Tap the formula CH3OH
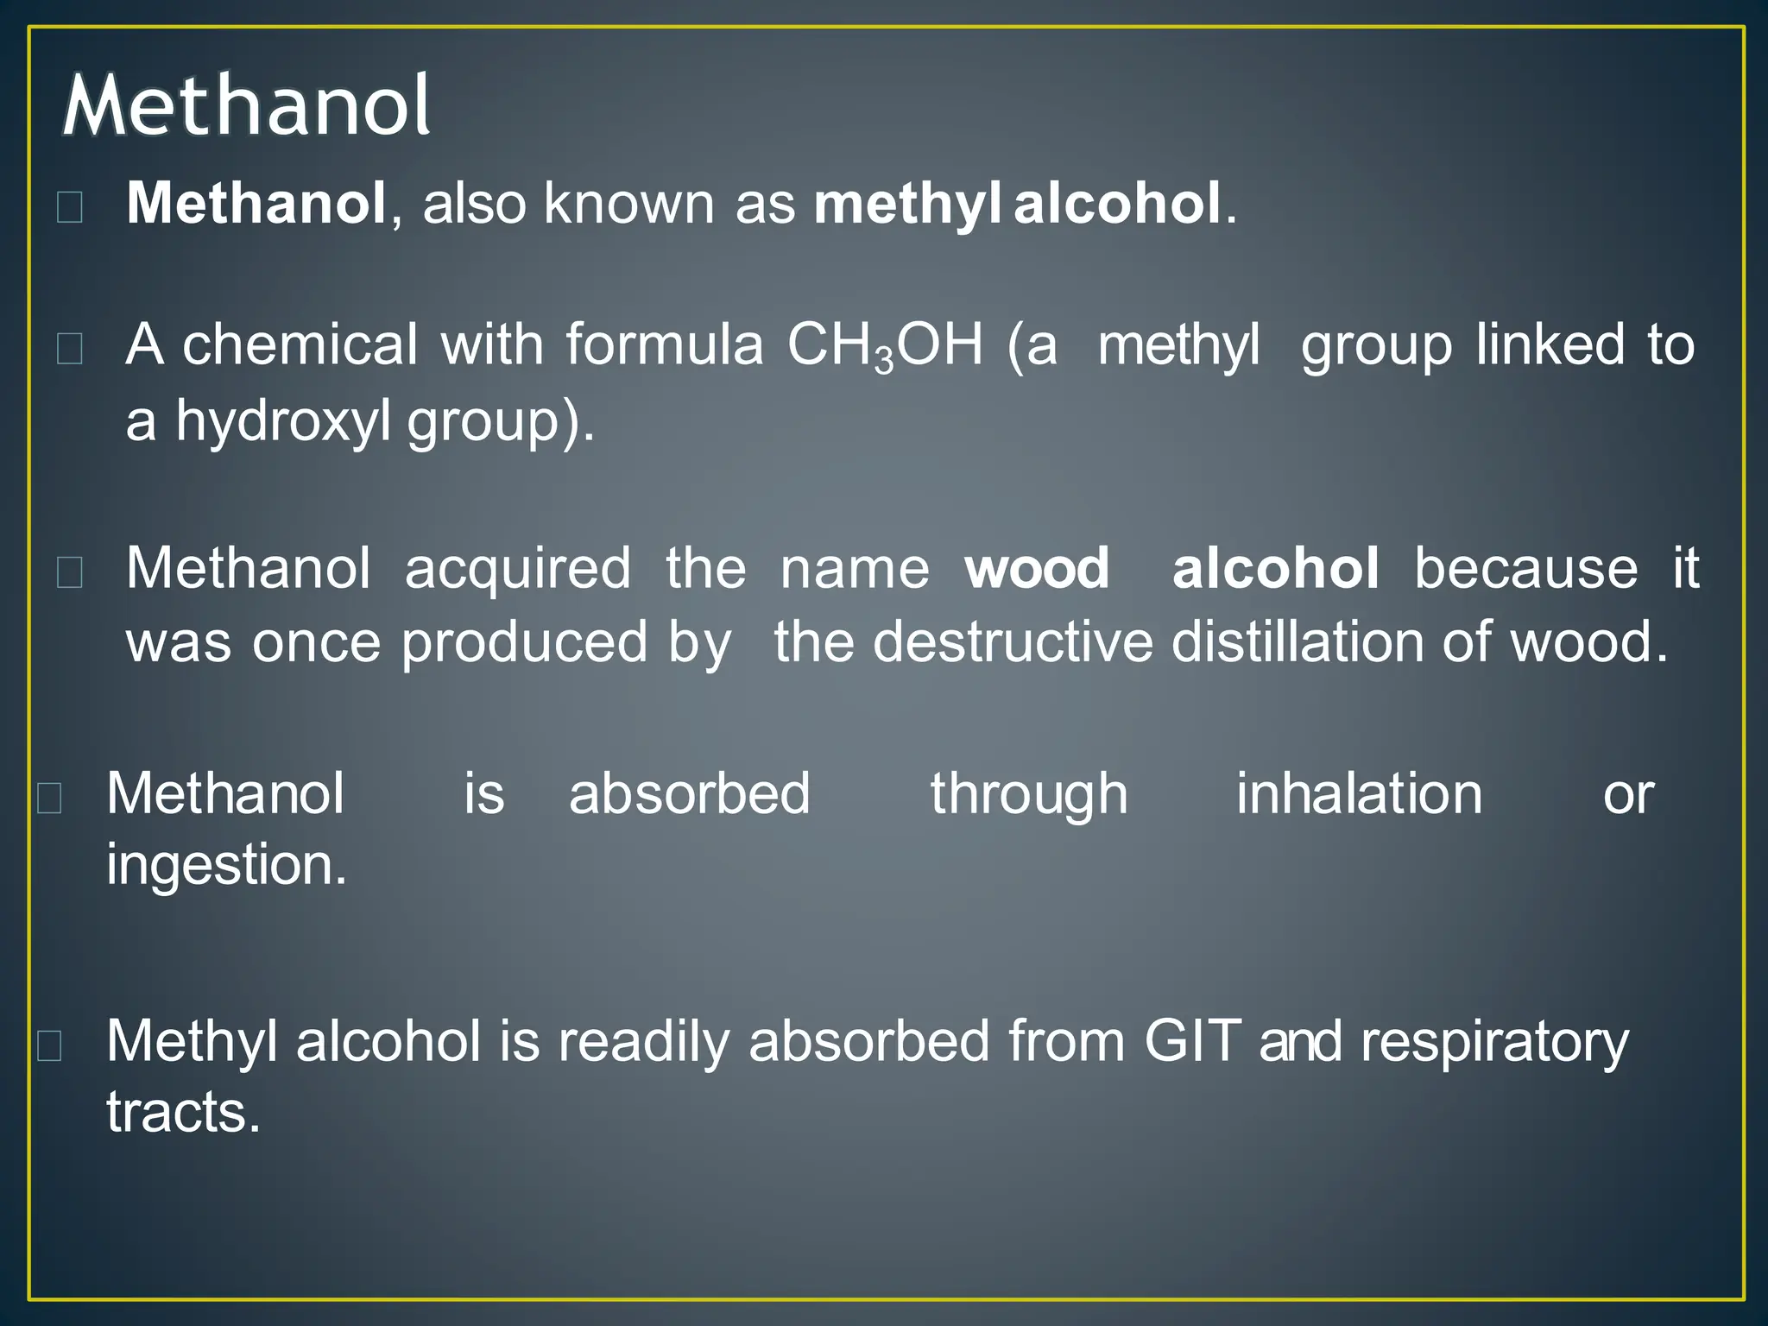(x=885, y=345)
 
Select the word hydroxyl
(x=283, y=421)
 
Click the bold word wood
(x=1037, y=569)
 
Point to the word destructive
(x=1012, y=643)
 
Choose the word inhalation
(x=1359, y=794)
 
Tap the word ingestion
(x=226, y=865)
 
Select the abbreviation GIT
(x=1192, y=1041)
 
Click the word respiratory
(x=1494, y=1043)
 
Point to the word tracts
(x=183, y=1112)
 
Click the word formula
(x=665, y=345)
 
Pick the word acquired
(x=518, y=571)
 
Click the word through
(x=1029, y=794)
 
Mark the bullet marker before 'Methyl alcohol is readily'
(x=49, y=1045)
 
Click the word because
(x=1525, y=569)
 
